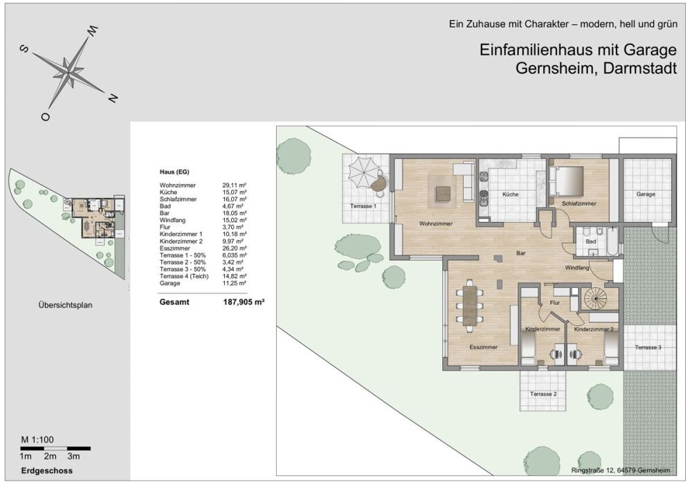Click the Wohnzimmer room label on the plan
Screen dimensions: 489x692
pos(436,223)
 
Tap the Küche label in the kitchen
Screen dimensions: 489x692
pos(511,194)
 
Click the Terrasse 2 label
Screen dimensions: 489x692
pos(543,394)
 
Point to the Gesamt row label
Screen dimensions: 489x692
pos(174,302)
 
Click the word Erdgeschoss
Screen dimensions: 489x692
pos(47,471)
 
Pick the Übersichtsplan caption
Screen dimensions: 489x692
pos(65,304)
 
